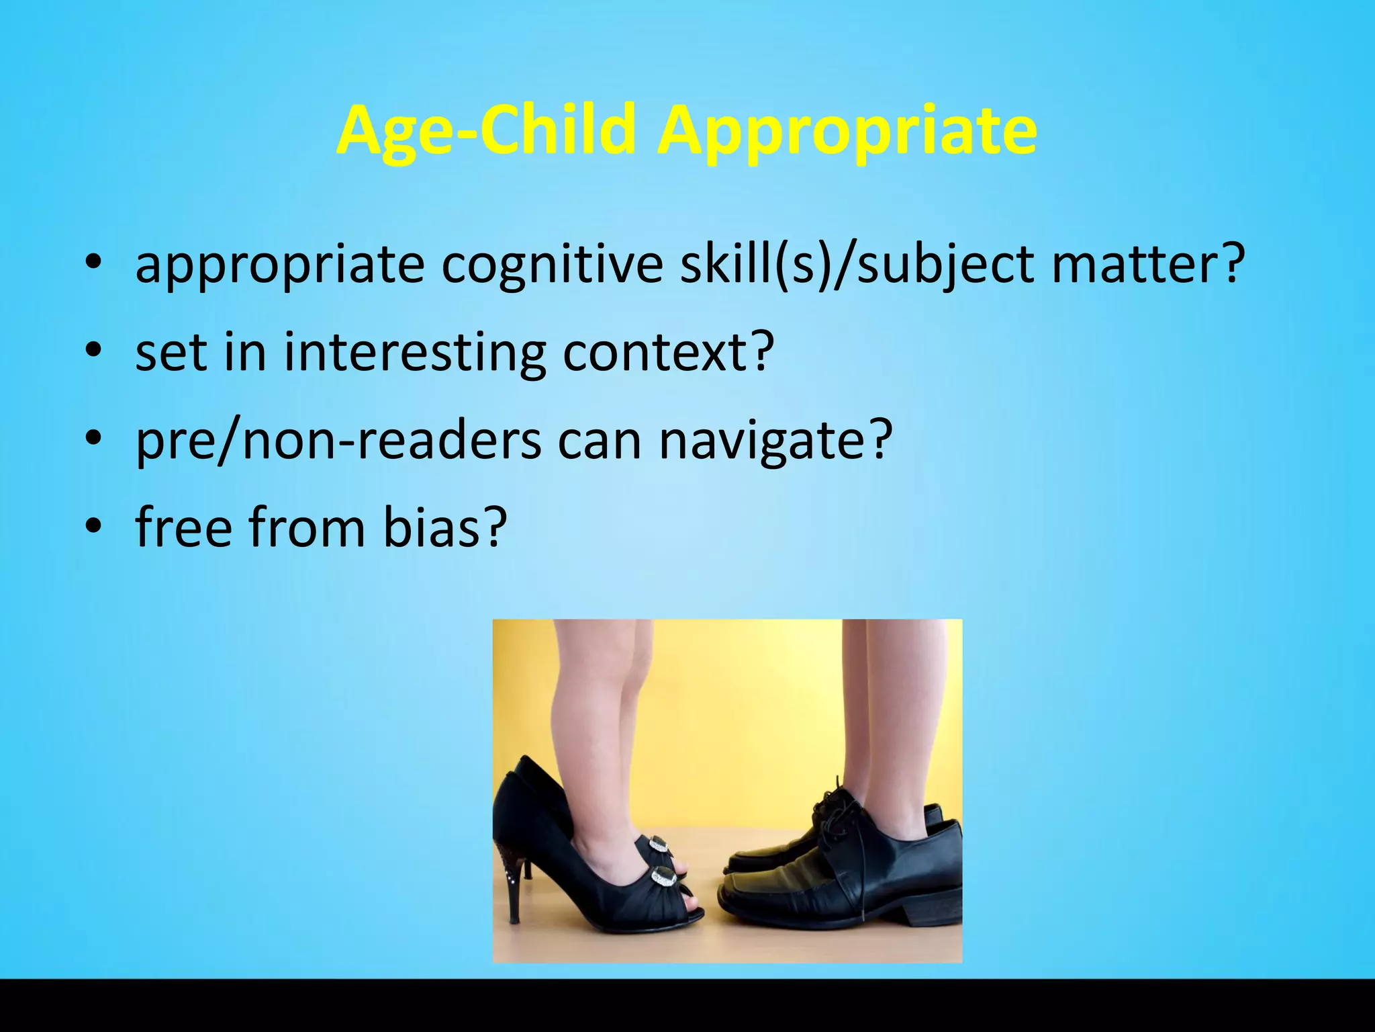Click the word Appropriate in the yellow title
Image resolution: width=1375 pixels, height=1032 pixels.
pyautogui.click(x=847, y=131)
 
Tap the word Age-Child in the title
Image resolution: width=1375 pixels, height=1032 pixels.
pyautogui.click(x=486, y=131)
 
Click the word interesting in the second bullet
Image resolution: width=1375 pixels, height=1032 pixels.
pyautogui.click(x=414, y=353)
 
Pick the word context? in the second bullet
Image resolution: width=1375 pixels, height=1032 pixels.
pyautogui.click(x=668, y=353)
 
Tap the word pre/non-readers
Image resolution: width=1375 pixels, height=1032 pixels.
pyautogui.click(x=338, y=441)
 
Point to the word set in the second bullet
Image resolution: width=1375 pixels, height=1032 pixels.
pyautogui.click(x=170, y=353)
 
